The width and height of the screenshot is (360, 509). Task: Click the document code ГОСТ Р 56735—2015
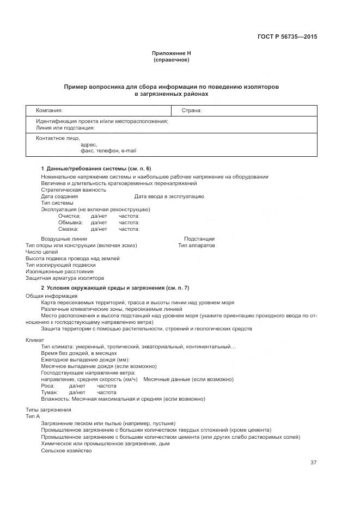tap(287, 37)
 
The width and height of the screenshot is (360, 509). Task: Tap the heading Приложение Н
tap(172, 53)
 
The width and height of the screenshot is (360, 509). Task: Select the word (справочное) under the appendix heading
tap(172, 60)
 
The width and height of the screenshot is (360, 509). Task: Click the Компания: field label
tap(49, 110)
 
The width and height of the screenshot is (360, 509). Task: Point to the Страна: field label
tap(191, 110)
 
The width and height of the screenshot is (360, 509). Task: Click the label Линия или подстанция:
tap(65, 128)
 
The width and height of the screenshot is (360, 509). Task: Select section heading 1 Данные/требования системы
tap(96, 169)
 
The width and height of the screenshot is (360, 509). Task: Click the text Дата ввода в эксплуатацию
tap(169, 196)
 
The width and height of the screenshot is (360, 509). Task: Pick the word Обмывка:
tap(70, 223)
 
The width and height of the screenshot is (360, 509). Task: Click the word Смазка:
tap(69, 229)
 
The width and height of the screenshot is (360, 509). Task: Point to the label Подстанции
tap(199, 239)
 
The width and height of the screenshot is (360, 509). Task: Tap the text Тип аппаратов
tap(196, 246)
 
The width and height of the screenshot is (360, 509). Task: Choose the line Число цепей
tap(41, 252)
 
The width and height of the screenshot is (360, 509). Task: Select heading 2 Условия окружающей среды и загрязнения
tap(115, 287)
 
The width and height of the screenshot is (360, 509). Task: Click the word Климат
tap(35, 340)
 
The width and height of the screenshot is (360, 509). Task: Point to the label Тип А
tap(33, 416)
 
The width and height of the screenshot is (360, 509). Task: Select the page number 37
tap(313, 463)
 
